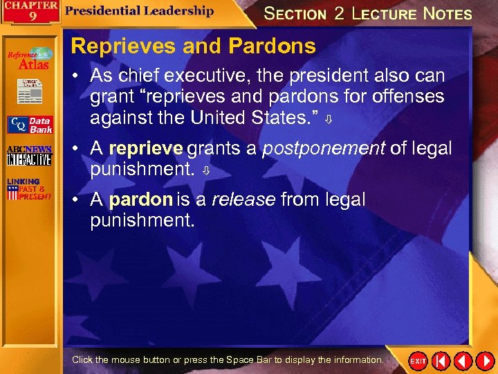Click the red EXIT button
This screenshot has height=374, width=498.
click(x=418, y=362)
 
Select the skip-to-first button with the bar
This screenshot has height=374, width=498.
click(x=440, y=362)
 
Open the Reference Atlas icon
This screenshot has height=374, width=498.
click(x=30, y=59)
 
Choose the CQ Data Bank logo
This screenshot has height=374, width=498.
click(x=30, y=125)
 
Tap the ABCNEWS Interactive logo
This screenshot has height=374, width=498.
click(x=29, y=156)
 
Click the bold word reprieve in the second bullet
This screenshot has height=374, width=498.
click(x=146, y=149)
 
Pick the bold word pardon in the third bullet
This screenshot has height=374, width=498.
click(x=140, y=200)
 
